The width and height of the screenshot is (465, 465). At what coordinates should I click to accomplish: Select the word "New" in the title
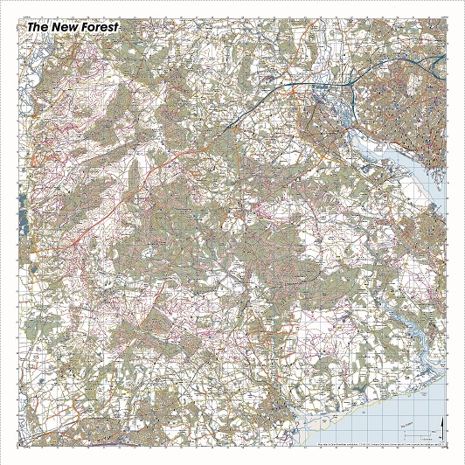coord(67,27)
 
